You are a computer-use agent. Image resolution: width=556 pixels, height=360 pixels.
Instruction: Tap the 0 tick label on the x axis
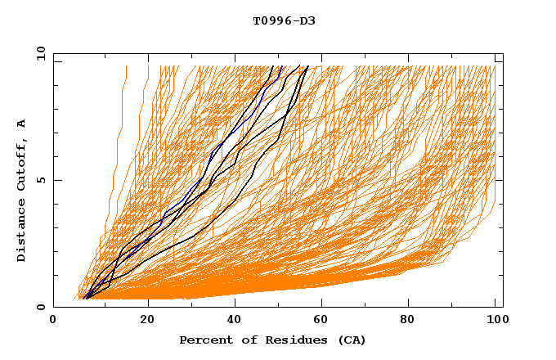tap(54, 320)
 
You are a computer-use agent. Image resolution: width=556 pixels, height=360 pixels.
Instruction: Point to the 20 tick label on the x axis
tap(147, 320)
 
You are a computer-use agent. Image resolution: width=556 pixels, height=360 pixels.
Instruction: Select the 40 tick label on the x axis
tap(235, 320)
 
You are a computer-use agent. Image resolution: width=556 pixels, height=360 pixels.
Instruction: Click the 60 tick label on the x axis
tap(325, 320)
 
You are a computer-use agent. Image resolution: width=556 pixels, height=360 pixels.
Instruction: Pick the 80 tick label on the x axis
tap(413, 320)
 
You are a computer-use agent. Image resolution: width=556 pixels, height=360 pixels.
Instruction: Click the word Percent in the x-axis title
tap(203, 340)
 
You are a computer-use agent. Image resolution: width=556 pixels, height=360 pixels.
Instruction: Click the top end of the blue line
tap(281, 66)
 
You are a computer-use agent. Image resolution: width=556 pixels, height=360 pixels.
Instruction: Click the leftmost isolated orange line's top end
tap(126, 66)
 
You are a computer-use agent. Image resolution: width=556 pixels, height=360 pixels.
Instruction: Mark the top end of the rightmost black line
tap(307, 66)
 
